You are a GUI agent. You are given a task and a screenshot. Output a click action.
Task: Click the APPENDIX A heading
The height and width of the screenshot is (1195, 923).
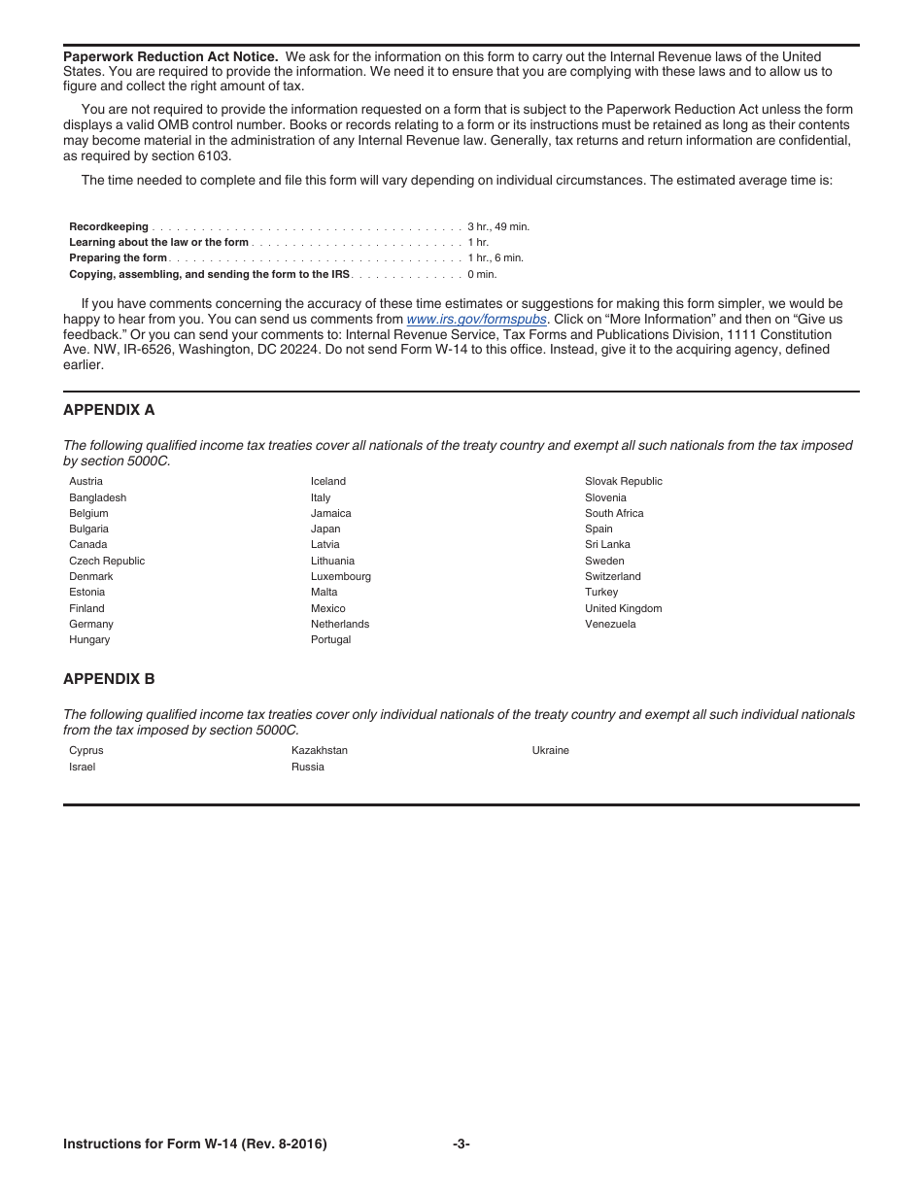pos(109,410)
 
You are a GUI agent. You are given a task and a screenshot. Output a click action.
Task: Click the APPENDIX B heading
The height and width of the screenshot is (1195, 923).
pos(109,679)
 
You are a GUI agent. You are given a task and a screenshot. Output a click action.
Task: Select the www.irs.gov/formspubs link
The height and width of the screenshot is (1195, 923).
pos(476,319)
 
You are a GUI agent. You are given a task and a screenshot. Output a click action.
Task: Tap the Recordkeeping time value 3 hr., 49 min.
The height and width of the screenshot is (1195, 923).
pos(498,226)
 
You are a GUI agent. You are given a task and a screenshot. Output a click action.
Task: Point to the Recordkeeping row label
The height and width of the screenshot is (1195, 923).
pos(109,226)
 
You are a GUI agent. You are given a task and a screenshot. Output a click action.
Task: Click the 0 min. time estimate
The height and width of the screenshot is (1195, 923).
pos(482,274)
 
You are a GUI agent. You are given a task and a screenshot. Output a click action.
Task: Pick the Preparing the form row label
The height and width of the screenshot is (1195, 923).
pos(118,258)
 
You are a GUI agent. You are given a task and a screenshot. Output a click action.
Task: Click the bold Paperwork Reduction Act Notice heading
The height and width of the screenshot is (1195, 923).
pos(170,56)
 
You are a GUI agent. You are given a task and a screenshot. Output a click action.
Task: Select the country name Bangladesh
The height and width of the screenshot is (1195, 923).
pos(97,497)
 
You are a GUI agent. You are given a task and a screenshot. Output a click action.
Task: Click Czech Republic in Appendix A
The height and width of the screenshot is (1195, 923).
pos(107,561)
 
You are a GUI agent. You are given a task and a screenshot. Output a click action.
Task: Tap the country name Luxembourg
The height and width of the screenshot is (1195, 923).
pos(341,576)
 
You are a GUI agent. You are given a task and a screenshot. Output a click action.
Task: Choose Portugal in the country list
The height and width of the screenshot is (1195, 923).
pos(330,639)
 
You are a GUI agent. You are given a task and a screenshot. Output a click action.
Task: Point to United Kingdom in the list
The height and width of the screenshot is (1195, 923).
pos(623,608)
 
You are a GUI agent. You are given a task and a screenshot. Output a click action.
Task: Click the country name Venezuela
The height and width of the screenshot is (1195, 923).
pos(610,624)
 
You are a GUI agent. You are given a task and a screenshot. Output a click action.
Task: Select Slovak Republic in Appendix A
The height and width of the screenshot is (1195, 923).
pos(624,481)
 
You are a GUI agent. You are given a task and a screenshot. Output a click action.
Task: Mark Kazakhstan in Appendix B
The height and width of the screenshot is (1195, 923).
pos(320,750)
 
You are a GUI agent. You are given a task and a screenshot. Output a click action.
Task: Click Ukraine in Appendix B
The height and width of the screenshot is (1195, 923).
pos(551,750)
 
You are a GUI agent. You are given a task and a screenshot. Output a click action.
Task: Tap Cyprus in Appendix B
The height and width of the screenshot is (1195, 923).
pos(85,750)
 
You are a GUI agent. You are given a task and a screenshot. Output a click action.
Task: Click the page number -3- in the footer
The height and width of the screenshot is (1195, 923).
pos(461,1144)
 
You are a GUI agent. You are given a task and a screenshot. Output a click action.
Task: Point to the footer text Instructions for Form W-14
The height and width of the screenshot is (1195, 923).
pos(194,1144)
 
